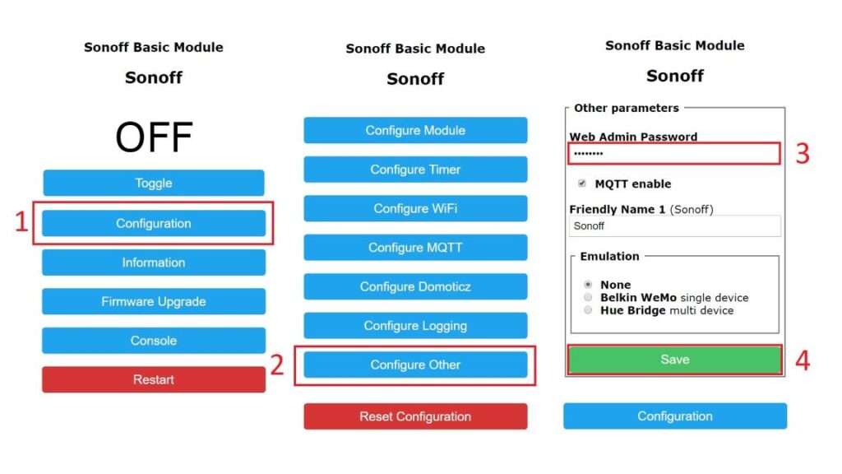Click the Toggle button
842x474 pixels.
[154, 183]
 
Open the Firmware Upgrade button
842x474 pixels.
[154, 301]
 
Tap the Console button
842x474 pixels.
[154, 341]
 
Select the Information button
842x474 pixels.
[154, 263]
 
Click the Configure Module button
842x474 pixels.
[415, 130]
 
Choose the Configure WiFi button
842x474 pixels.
[415, 208]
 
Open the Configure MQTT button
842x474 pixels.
[415, 248]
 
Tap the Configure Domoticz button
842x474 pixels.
[415, 286]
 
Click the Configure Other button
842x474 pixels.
[415, 365]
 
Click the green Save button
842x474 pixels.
[674, 360]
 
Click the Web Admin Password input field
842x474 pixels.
[674, 154]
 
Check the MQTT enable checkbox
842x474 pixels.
[582, 184]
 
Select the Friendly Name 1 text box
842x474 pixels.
[674, 226]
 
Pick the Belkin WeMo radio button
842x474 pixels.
[588, 297]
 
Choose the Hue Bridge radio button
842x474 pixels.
[588, 310]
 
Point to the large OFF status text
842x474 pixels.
[154, 137]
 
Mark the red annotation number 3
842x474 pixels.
[803, 154]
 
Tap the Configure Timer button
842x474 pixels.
[415, 170]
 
